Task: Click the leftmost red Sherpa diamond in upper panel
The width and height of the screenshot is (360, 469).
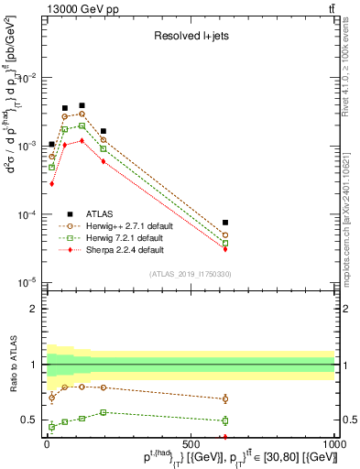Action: click(52, 183)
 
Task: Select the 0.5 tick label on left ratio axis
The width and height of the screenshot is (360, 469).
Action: click(32, 420)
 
